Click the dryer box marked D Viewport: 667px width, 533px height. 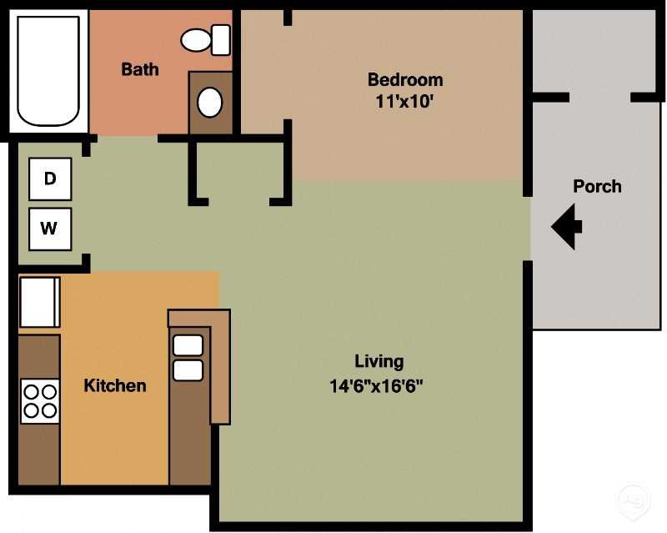tap(50, 179)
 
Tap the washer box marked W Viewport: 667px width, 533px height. tap(50, 229)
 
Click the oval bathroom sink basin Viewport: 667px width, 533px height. tap(210, 103)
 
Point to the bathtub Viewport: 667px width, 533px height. tap(49, 70)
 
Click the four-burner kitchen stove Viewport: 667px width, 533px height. tap(40, 400)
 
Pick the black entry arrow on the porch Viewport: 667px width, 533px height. tap(567, 225)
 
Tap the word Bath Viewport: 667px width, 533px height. tap(140, 69)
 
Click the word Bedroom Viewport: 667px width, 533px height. tap(405, 80)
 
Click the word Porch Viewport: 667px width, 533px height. tap(597, 186)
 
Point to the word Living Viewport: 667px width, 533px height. tap(379, 361)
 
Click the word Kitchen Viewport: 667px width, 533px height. tap(115, 385)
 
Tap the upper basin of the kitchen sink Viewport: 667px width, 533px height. tap(188, 344)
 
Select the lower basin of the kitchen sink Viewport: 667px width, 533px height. tap(188, 370)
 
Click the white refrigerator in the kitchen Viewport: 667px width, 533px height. tap(39, 302)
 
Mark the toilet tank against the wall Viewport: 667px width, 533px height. tap(221, 39)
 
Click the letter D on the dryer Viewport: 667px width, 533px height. tap(50, 179)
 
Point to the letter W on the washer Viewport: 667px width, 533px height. tap(50, 229)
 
